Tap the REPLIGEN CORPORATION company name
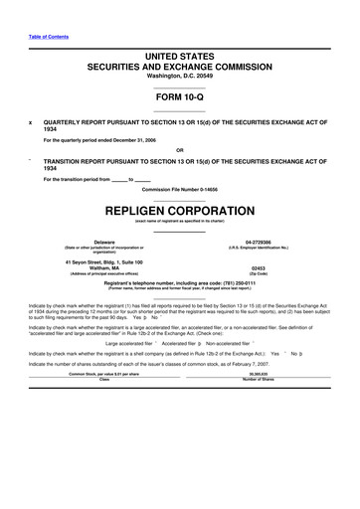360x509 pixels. pyautogui.click(x=179, y=211)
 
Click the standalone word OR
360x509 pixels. pyautogui.click(x=179, y=150)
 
